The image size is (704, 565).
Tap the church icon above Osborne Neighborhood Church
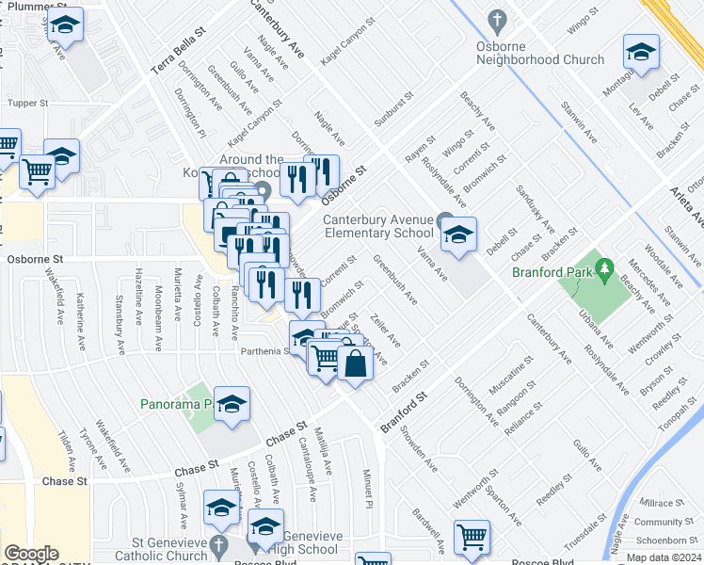pyautogui.click(x=498, y=20)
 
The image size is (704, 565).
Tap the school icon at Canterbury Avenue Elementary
pyautogui.click(x=458, y=234)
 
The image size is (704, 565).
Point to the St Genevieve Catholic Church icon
pyautogui.click(x=218, y=545)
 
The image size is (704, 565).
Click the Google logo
pyautogui.click(x=31, y=554)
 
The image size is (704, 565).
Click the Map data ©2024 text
pyautogui.click(x=664, y=557)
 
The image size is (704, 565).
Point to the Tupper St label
pyautogui.click(x=26, y=103)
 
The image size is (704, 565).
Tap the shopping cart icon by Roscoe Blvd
pyautogui.click(x=471, y=537)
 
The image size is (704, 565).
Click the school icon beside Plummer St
pyautogui.click(x=65, y=26)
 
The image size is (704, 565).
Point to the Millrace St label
pyautogui.click(x=661, y=504)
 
